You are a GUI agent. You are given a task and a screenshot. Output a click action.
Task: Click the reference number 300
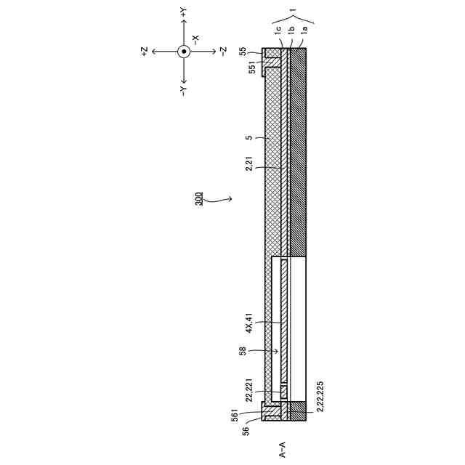[x=199, y=198]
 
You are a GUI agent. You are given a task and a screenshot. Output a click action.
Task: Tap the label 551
[x=252, y=68]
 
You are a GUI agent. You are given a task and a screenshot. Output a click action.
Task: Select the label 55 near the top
[x=243, y=52]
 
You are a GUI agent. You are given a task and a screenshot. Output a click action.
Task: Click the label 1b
[x=291, y=30]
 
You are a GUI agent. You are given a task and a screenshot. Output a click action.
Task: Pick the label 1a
[x=304, y=30]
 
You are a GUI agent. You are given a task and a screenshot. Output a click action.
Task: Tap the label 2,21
[x=249, y=163]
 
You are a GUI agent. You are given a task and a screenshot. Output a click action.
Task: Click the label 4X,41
[x=249, y=323]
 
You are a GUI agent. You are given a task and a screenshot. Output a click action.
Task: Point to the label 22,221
[x=249, y=389]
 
